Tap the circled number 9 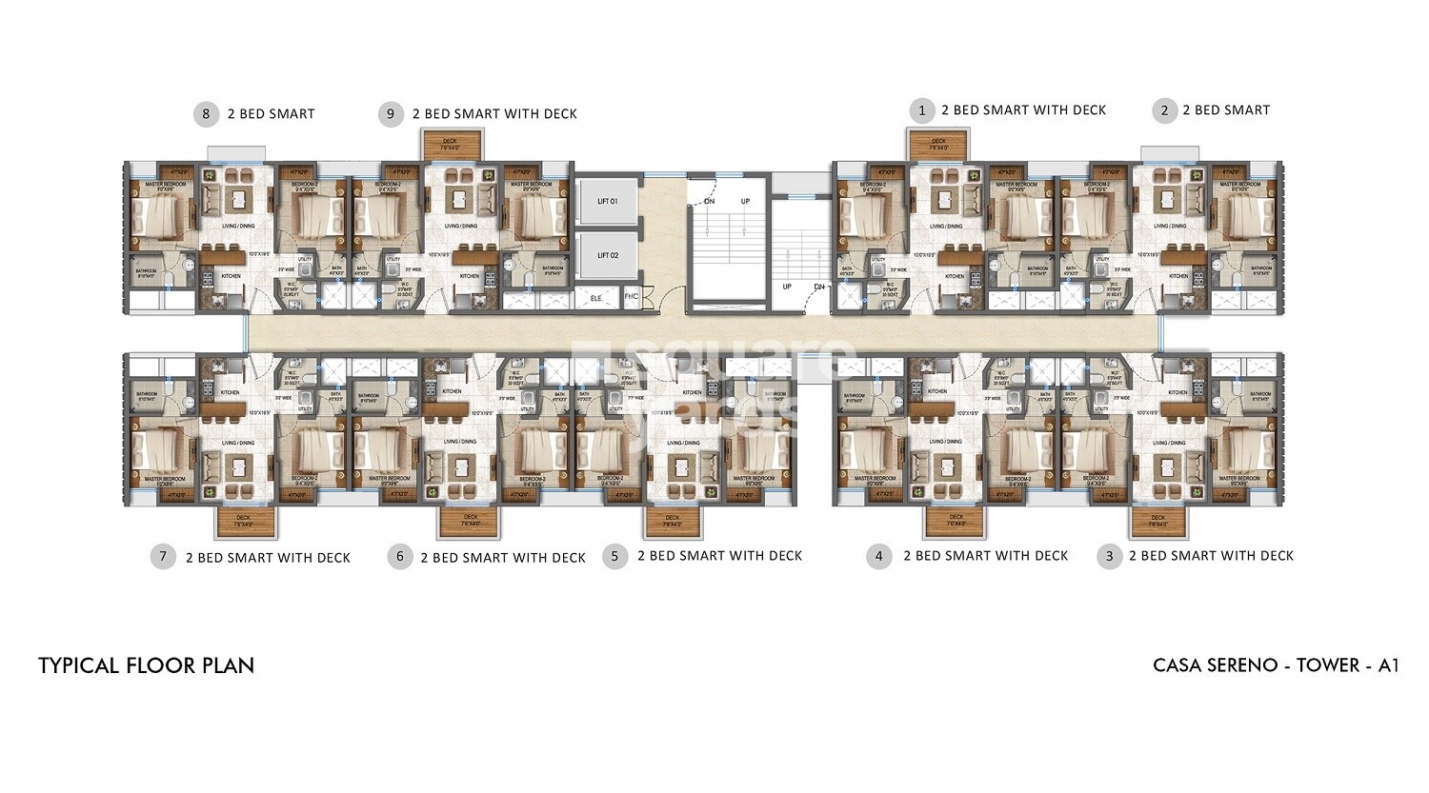[391, 114]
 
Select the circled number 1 [920, 110]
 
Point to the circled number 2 [1163, 110]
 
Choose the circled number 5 [615, 557]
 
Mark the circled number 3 [1109, 557]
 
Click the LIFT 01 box [608, 202]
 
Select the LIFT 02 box [608, 255]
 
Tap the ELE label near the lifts [597, 298]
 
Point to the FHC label [631, 297]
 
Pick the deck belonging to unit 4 [956, 522]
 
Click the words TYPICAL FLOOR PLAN [147, 665]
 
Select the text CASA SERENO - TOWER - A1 [1276, 665]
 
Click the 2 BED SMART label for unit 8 [271, 114]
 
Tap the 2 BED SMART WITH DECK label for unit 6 [502, 558]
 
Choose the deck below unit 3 [1158, 522]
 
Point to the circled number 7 [164, 557]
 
